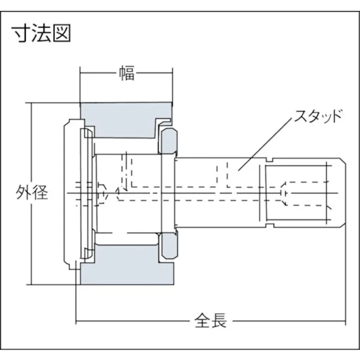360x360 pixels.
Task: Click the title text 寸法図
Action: tap(42, 33)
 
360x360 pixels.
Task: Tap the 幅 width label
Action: tap(127, 74)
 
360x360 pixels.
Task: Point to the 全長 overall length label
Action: tap(211, 321)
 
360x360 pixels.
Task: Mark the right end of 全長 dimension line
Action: tap(345, 321)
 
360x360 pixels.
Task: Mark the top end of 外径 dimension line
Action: tap(32, 103)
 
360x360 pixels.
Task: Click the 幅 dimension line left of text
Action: tap(98, 74)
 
